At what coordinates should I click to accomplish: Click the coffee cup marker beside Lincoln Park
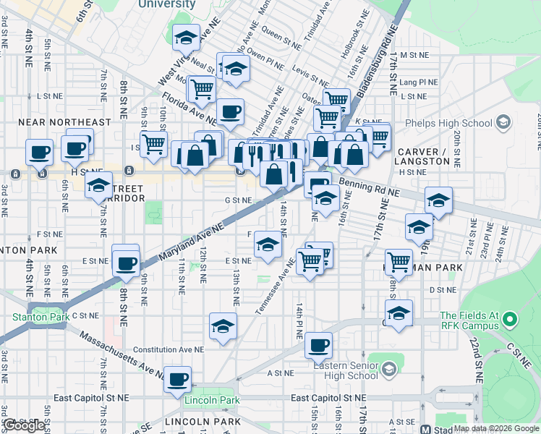177,379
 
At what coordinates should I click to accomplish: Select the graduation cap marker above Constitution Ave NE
223,325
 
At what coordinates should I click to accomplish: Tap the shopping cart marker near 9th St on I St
153,144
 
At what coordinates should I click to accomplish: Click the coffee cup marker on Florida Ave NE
230,112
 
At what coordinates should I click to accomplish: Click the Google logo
25,425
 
